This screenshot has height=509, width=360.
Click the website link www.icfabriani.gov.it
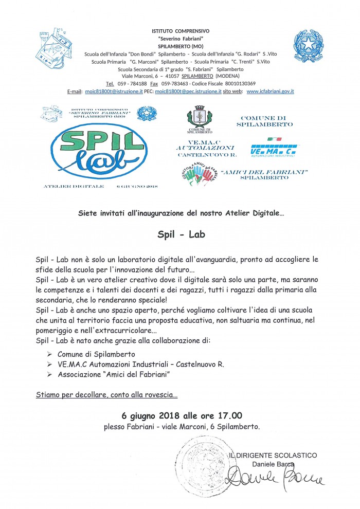point(270,91)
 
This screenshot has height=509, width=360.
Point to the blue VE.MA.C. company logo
point(276,150)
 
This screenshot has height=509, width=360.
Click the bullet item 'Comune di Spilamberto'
point(96,354)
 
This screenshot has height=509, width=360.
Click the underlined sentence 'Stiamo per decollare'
point(107,395)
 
